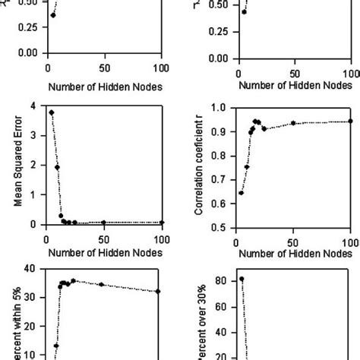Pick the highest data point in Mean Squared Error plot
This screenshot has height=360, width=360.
click(x=51, y=112)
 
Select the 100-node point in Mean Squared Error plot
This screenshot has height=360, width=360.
click(x=162, y=223)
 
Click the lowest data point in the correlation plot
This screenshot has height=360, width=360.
click(x=241, y=193)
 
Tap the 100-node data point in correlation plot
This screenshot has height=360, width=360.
click(x=350, y=121)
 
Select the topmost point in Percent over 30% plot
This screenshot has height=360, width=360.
click(x=242, y=279)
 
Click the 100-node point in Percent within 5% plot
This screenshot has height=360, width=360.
click(x=158, y=291)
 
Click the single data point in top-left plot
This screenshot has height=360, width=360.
click(x=52, y=14)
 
